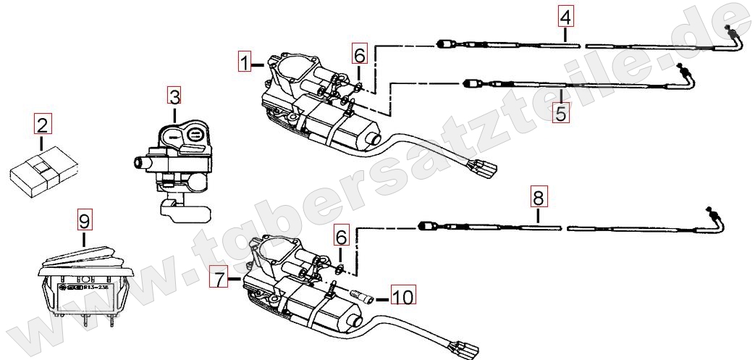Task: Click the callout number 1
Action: [x=246, y=62]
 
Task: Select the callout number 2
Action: [x=43, y=125]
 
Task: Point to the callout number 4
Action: [x=565, y=15]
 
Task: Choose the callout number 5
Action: [x=560, y=113]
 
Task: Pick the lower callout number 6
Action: [x=341, y=235]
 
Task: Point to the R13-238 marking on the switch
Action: [x=96, y=287]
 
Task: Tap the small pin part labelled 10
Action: [x=363, y=296]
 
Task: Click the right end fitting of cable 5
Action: [x=683, y=72]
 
